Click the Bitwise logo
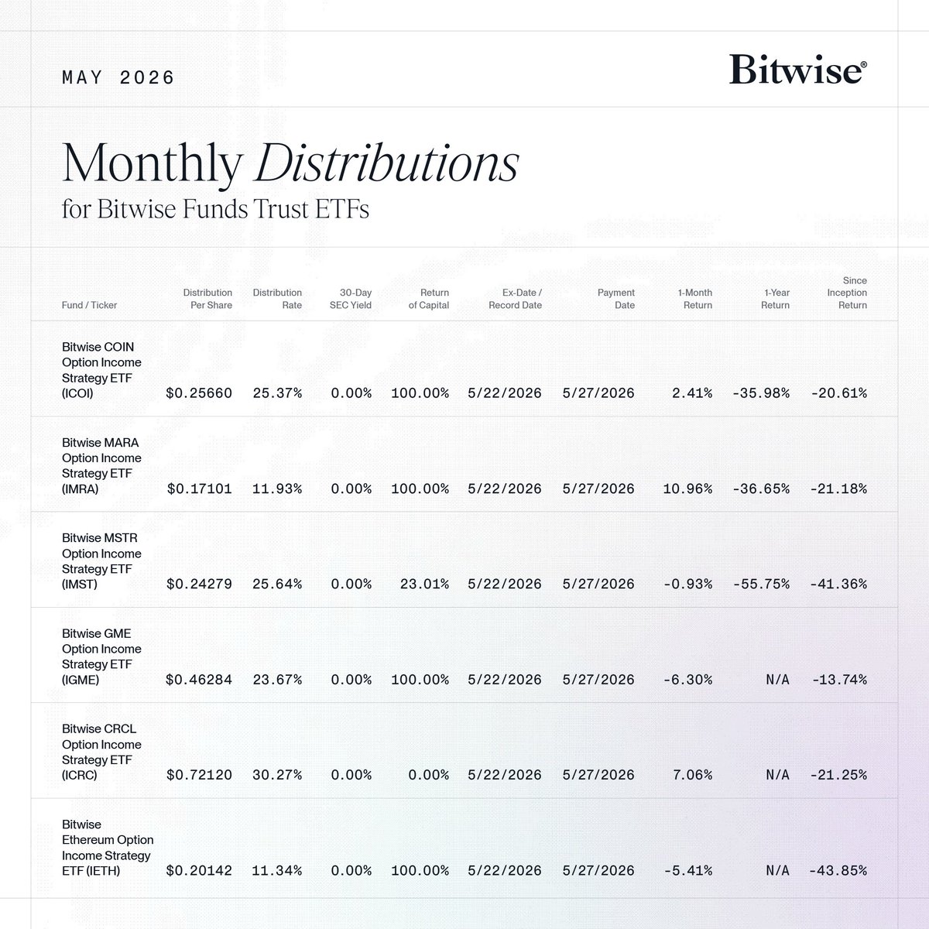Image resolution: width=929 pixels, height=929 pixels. click(798, 69)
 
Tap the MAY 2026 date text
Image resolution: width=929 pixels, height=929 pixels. click(118, 77)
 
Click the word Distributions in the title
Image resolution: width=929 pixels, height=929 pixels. click(386, 163)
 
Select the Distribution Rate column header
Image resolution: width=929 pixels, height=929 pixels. click(277, 299)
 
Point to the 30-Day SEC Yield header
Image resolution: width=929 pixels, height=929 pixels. click(351, 299)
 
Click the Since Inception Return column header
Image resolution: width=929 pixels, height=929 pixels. click(847, 293)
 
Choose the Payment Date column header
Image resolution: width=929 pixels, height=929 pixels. click(616, 299)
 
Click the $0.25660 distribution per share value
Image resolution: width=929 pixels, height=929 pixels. click(199, 393)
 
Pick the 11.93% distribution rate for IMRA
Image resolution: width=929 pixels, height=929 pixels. click(277, 488)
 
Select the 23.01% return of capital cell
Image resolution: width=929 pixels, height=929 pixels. click(424, 584)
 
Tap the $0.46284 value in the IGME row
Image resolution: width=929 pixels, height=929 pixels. click(199, 680)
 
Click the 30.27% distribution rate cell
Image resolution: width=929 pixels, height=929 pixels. click(277, 775)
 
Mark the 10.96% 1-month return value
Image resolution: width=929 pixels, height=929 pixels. click(687, 488)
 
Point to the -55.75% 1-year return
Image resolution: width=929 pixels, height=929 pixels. click(761, 584)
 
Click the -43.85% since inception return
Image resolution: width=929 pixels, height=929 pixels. click(838, 871)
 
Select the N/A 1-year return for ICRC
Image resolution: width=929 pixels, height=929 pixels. click(777, 775)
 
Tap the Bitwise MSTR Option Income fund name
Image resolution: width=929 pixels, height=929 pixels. click(101, 561)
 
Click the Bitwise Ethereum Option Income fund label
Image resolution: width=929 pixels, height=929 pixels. click(108, 848)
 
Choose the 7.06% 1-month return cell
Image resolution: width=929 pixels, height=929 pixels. click(692, 775)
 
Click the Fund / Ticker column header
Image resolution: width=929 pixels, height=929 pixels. click(89, 305)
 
